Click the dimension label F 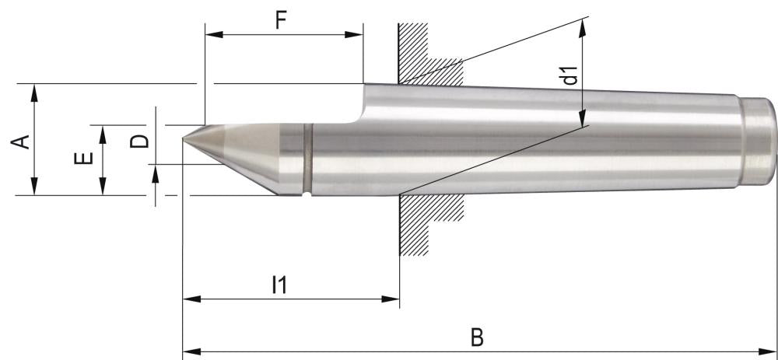pyautogui.click(x=283, y=19)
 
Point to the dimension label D pyautogui.click(x=138, y=141)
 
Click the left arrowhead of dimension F pyautogui.click(x=210, y=34)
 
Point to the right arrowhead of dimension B pyautogui.click(x=772, y=351)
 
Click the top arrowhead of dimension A pyautogui.click(x=34, y=89)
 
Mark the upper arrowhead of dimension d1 pyautogui.click(x=583, y=26)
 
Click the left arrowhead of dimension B pyautogui.click(x=187, y=351)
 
